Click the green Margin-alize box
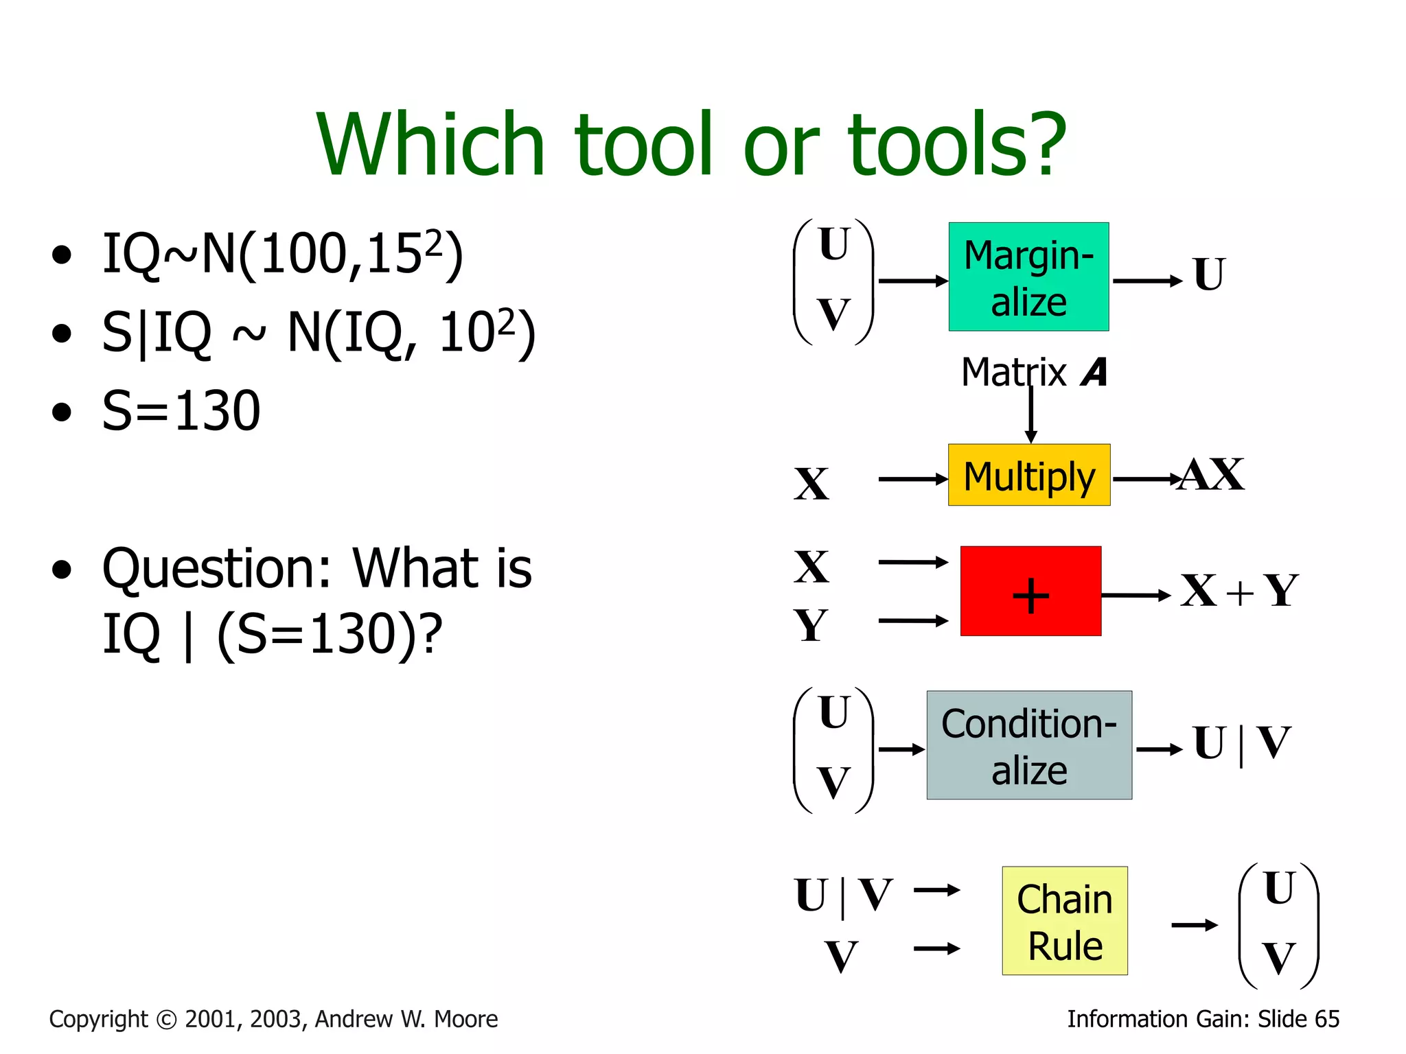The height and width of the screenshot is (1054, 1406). pyautogui.click(x=1028, y=277)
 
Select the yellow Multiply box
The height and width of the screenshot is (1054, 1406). pyautogui.click(x=1028, y=476)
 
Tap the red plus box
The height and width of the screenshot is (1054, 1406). pyautogui.click(x=1030, y=591)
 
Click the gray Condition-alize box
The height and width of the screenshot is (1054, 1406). pyautogui.click(x=1028, y=745)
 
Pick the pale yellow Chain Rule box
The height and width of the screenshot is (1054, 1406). pyautogui.click(x=1064, y=921)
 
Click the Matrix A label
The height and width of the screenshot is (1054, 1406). pyautogui.click(x=1034, y=373)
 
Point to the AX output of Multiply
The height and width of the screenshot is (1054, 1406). pyautogui.click(x=1212, y=475)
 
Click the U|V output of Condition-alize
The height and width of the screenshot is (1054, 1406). pyautogui.click(x=1241, y=743)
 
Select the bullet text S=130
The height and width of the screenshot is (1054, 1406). pyautogui.click(x=181, y=411)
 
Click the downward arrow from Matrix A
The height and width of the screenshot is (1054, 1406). pyautogui.click(x=1030, y=415)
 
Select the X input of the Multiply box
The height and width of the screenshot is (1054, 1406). pyautogui.click(x=811, y=484)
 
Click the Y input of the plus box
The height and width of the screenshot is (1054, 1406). pyautogui.click(x=811, y=625)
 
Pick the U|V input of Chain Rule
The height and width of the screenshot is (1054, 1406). pyautogui.click(x=843, y=895)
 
